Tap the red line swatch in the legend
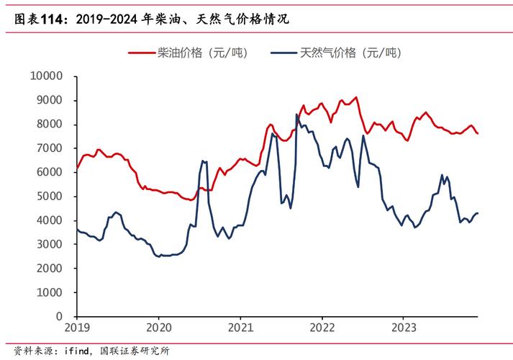[141, 53]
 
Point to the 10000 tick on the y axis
[47, 76]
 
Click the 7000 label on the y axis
[50, 148]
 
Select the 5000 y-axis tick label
[50, 196]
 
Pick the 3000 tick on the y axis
[50, 244]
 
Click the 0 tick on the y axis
[60, 316]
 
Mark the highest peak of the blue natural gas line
[296, 114]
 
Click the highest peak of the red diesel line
[356, 97]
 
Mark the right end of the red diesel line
[478, 134]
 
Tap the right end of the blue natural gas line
[478, 213]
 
